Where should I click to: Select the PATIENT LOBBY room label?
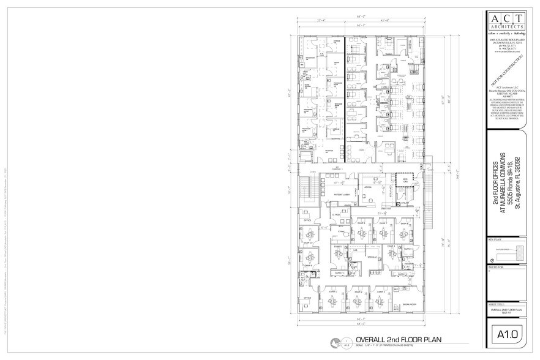point(331,195)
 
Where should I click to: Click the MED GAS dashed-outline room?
point(404,180)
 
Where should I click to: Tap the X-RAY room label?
point(340,231)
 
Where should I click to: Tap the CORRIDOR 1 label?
point(334,168)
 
